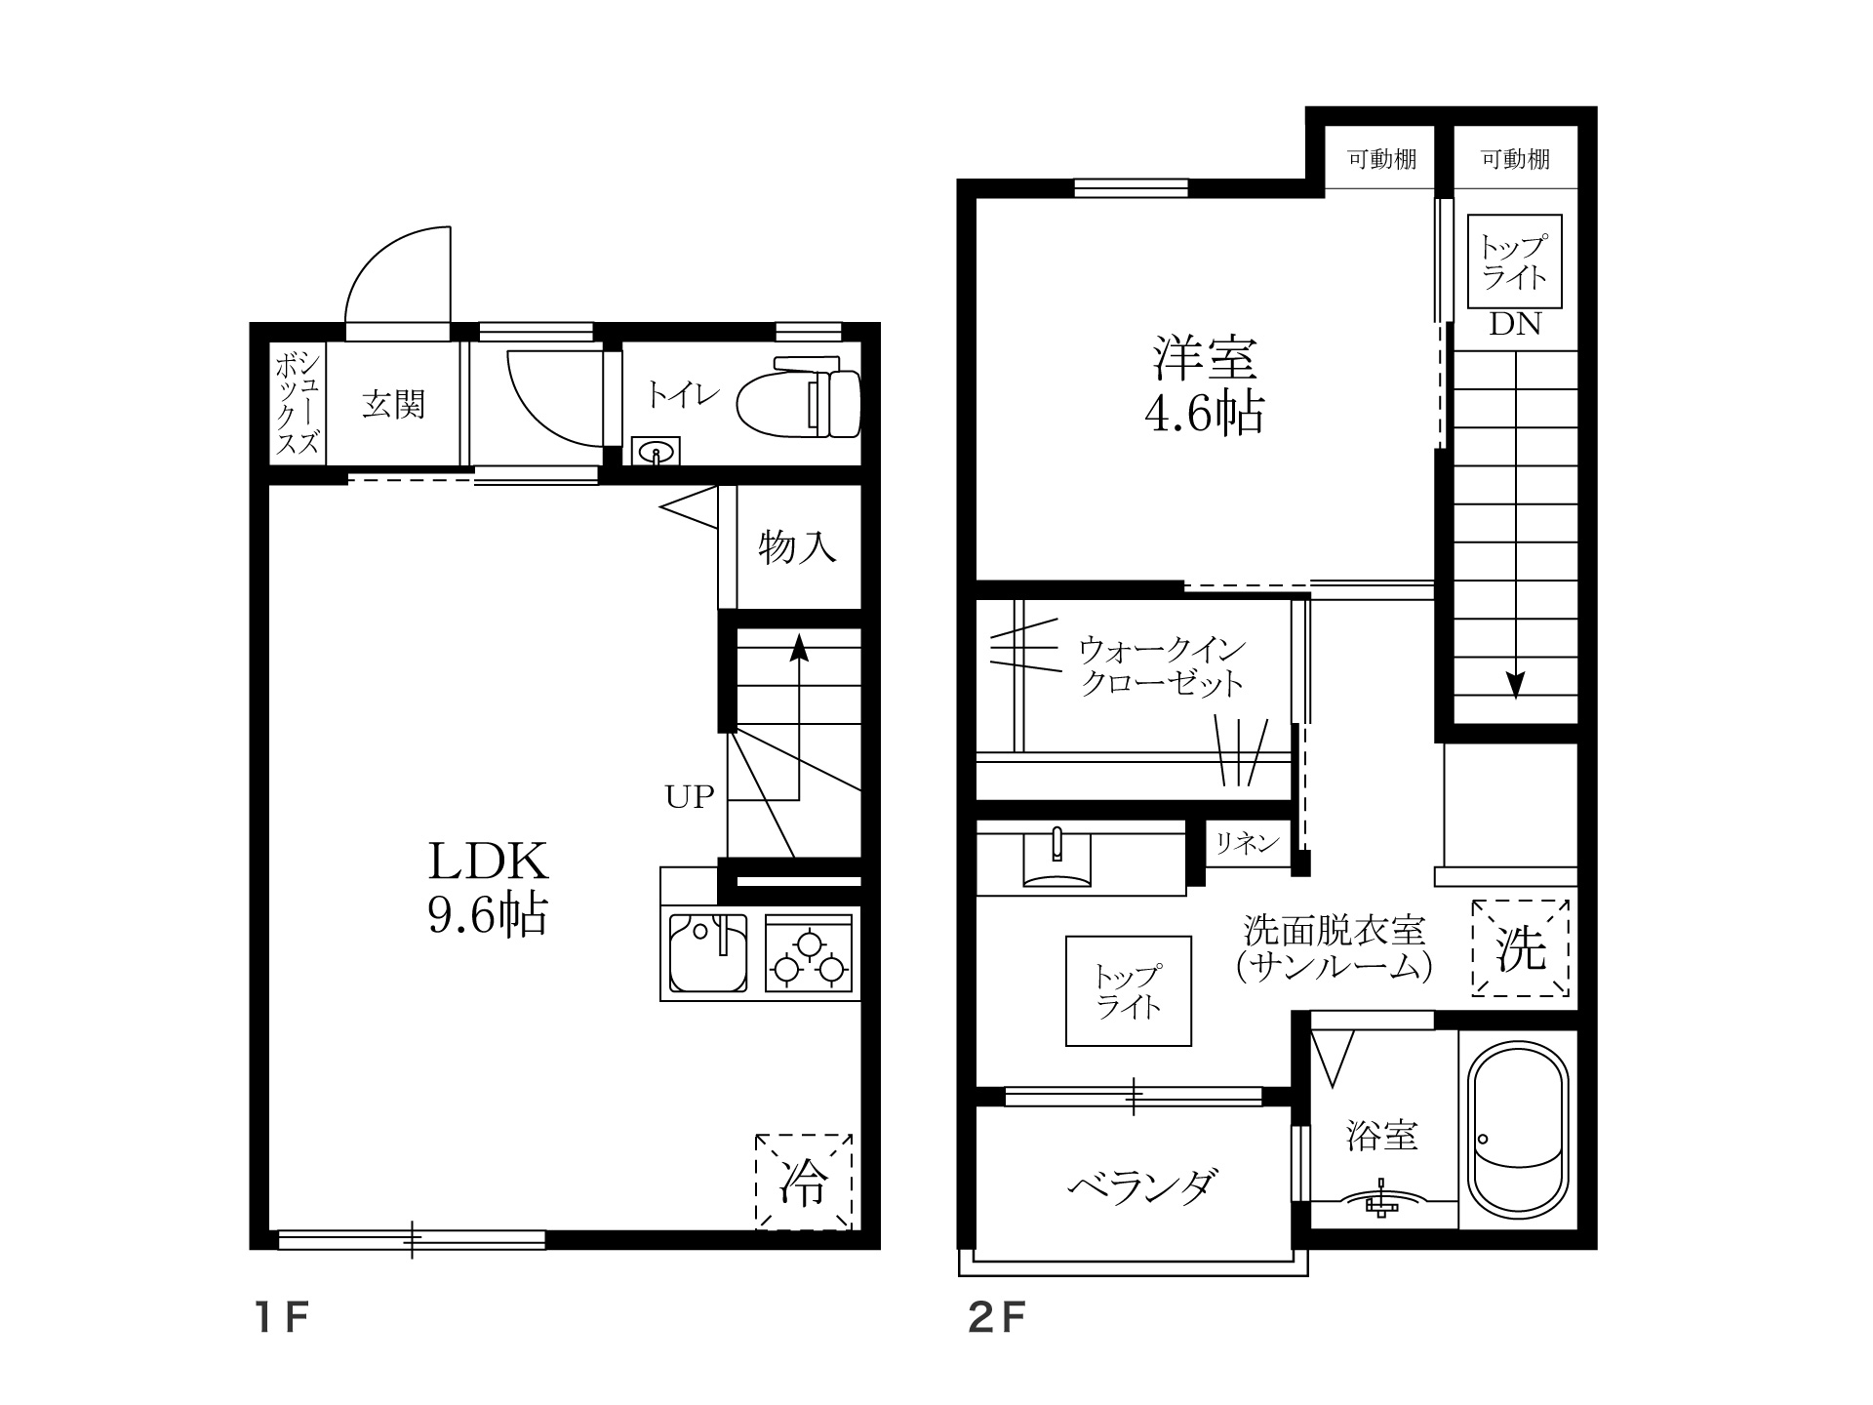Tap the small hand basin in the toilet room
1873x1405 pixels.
pyautogui.click(x=658, y=452)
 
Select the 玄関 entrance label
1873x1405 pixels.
pyautogui.click(x=393, y=404)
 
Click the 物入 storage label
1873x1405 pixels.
pyautogui.click(x=798, y=547)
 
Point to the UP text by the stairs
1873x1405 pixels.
pyautogui.click(x=690, y=797)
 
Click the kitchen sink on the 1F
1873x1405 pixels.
pyautogui.click(x=707, y=951)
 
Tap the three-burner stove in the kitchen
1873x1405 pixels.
pyautogui.click(x=808, y=954)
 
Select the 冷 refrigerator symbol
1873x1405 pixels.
pyautogui.click(x=804, y=1182)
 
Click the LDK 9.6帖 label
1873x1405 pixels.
pyautogui.click(x=488, y=887)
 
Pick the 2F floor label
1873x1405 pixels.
pyautogui.click(x=997, y=1320)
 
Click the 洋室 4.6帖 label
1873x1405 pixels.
pyautogui.click(x=1204, y=384)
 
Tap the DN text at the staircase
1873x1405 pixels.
pyautogui.click(x=1514, y=325)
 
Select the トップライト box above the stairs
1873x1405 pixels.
pyautogui.click(x=1515, y=261)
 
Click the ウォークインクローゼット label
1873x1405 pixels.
pyautogui.click(x=1162, y=665)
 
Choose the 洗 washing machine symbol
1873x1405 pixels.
pyautogui.click(x=1522, y=947)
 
